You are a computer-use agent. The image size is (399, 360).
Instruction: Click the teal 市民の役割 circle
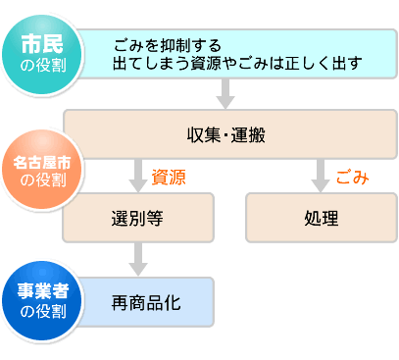click(41, 53)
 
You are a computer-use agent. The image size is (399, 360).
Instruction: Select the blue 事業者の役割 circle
click(41, 300)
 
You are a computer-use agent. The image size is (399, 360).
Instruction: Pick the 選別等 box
click(137, 217)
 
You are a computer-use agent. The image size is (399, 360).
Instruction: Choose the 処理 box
click(321, 217)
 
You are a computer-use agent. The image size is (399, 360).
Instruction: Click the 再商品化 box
click(145, 302)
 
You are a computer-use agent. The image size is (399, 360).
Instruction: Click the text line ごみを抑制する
click(167, 45)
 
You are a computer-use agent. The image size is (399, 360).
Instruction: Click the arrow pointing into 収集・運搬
click(226, 95)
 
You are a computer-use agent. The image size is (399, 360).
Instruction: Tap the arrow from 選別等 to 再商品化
click(137, 260)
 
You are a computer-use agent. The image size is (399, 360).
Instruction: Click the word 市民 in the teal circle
click(42, 44)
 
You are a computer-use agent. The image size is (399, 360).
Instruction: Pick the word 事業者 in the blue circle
click(41, 291)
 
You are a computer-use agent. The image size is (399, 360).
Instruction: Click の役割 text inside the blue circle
click(41, 312)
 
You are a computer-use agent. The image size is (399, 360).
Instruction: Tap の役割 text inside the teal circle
click(42, 65)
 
